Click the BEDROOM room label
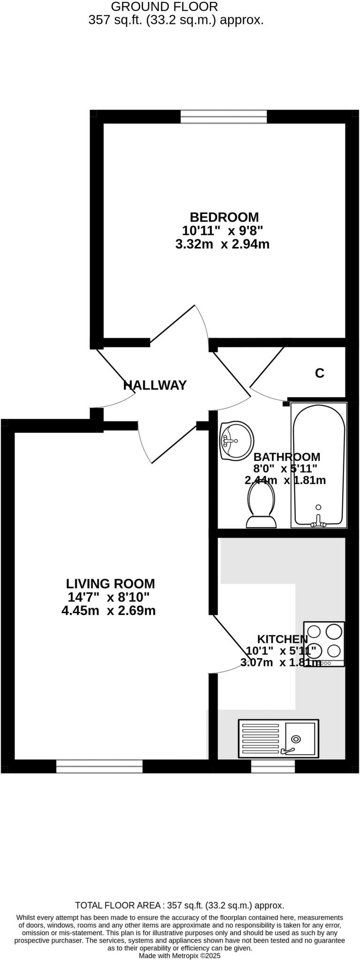click(224, 217)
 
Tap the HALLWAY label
click(155, 385)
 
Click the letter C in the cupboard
click(320, 373)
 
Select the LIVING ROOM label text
click(110, 584)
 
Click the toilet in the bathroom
click(261, 504)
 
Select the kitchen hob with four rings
click(324, 644)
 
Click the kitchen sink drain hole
click(296, 739)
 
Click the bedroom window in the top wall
click(224, 117)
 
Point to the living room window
click(99, 766)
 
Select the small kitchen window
click(273, 766)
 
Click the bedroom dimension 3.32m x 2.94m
click(222, 244)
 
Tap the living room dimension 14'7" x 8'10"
click(109, 598)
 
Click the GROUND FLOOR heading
click(165, 7)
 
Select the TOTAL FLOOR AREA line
click(180, 906)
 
